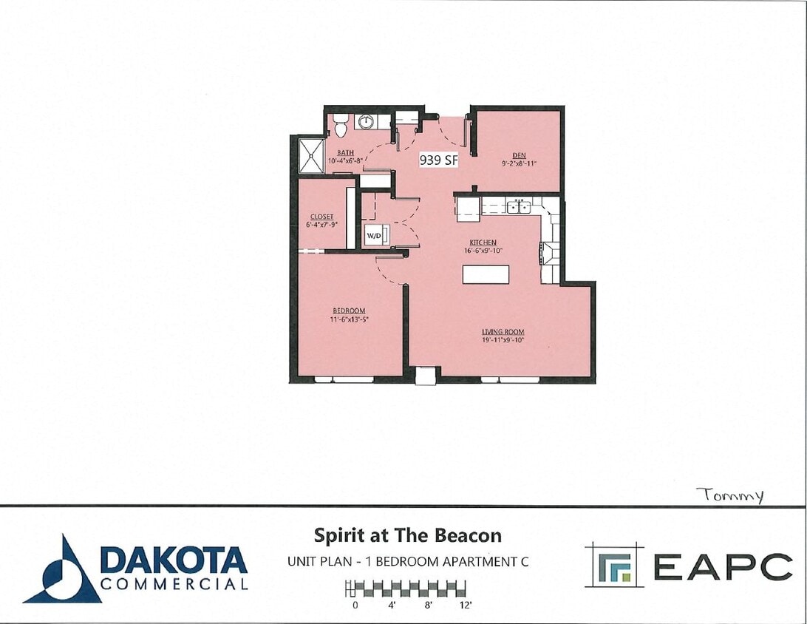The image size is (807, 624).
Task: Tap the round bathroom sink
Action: [366, 121]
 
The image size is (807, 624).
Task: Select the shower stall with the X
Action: [310, 155]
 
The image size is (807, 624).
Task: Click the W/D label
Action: [374, 237]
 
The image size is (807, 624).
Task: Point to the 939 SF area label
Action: [440, 160]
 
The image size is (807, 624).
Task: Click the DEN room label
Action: [519, 155]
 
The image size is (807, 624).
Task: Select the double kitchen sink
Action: [520, 206]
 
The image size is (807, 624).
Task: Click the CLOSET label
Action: [321, 217]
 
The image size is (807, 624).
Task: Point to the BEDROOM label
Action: [347, 311]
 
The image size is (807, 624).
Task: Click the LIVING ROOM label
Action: [503, 332]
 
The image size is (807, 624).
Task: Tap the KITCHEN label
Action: [483, 243]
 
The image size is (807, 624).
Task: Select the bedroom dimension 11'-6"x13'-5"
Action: [347, 319]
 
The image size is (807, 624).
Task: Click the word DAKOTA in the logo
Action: [174, 560]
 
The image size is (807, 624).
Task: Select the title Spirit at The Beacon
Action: [408, 535]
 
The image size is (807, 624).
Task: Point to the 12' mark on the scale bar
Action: [465, 605]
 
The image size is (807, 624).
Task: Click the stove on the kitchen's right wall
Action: [549, 253]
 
